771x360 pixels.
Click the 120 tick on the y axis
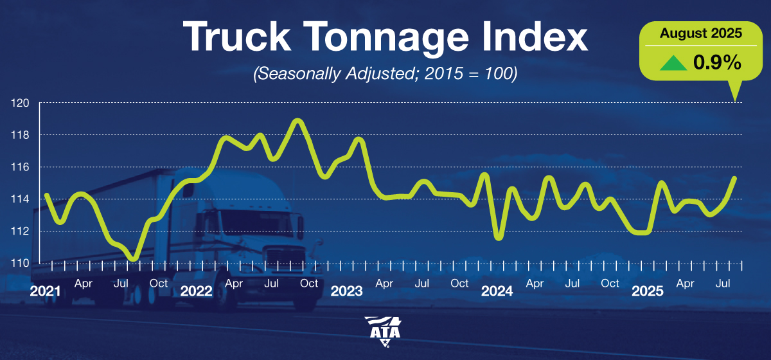[x=19, y=103]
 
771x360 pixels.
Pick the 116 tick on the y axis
[x=19, y=167]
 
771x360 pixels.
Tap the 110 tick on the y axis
[x=19, y=264]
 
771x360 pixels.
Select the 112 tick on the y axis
[x=19, y=231]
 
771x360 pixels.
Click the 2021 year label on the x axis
[x=46, y=291]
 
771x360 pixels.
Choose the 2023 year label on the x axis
[x=346, y=291]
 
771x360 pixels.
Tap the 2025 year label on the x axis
[x=647, y=291]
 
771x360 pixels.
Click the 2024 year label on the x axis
[x=497, y=291]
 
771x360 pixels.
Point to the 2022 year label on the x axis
[x=196, y=291]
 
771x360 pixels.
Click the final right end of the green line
[x=734, y=178]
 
